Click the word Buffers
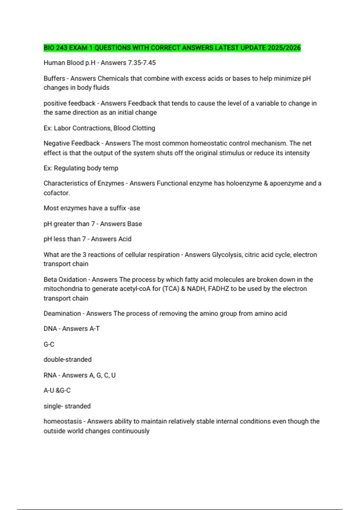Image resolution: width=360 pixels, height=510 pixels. point(54,78)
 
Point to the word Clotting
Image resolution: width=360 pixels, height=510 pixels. point(144,128)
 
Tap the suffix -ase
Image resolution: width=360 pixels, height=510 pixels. point(134,208)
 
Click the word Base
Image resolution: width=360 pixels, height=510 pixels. point(134,224)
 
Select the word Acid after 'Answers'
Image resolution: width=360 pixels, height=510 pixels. point(124,239)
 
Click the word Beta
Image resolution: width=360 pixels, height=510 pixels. point(50,280)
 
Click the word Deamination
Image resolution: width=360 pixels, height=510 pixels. point(62,313)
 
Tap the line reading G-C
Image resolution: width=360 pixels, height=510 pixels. point(49,344)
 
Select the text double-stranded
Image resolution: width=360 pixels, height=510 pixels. point(67,359)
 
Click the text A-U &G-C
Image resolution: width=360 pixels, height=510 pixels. point(57,390)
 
